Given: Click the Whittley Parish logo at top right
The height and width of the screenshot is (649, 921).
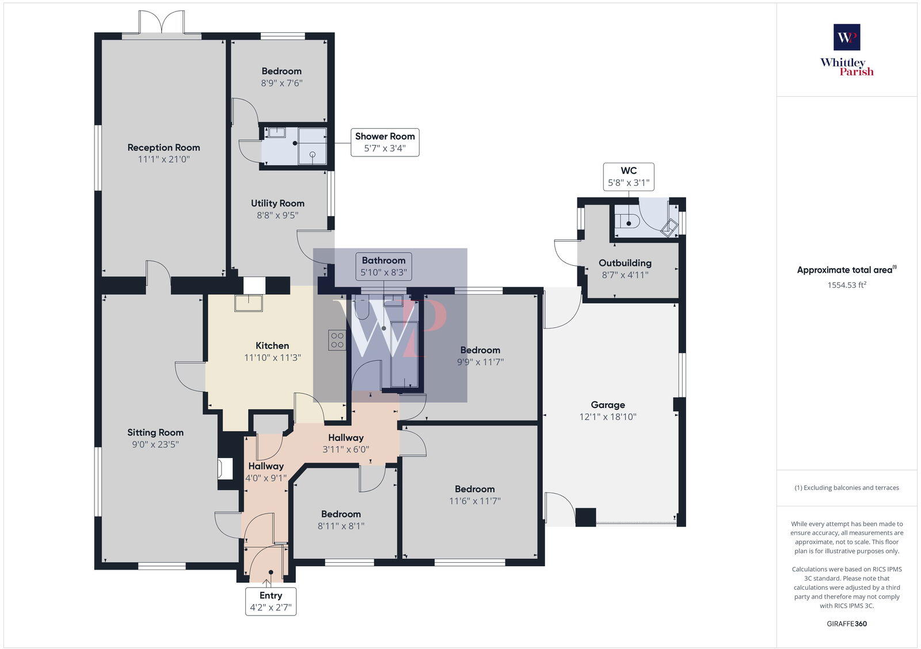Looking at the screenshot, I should [847, 50].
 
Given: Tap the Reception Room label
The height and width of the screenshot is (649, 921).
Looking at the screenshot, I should [163, 147].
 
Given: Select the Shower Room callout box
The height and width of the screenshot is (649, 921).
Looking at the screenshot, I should [385, 142].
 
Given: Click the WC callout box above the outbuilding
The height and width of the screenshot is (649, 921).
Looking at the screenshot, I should [628, 177].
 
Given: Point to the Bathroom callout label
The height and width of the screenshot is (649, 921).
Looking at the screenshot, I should [383, 266].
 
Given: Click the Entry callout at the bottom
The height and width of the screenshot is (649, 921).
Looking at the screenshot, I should [271, 601].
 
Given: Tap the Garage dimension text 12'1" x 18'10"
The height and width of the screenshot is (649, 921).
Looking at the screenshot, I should [607, 417].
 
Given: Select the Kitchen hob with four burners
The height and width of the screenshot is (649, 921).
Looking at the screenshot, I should [337, 340].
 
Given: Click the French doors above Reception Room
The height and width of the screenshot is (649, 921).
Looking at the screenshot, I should [162, 23].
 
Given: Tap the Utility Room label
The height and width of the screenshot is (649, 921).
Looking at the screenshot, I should [277, 203].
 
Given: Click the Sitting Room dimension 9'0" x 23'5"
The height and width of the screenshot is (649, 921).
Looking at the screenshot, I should [155, 444].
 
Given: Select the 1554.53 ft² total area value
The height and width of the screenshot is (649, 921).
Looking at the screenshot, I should [847, 285].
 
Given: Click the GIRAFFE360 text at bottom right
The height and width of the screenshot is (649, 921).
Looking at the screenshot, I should [847, 624].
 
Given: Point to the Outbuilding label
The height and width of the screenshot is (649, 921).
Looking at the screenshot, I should [625, 263].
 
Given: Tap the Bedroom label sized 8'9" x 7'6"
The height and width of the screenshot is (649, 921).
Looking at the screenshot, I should [281, 71].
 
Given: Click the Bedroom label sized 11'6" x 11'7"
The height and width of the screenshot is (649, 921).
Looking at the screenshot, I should [474, 489].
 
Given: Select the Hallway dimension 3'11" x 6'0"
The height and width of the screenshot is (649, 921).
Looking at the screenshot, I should [345, 449].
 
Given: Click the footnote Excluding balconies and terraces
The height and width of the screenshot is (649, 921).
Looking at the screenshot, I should [847, 487].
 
